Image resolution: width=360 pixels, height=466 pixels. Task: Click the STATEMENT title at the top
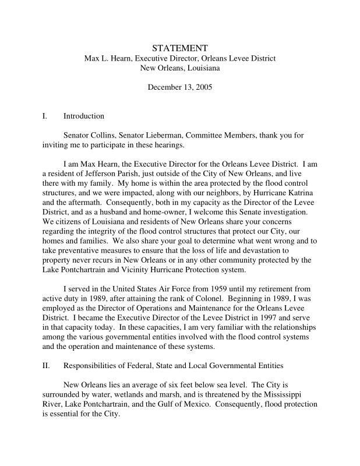click(179, 48)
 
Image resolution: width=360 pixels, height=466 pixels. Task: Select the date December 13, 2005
click(179, 87)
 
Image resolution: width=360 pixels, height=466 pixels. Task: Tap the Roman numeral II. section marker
click(46, 365)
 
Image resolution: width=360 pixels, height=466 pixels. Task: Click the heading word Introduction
click(84, 116)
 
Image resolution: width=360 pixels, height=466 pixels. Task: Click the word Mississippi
click(296, 404)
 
